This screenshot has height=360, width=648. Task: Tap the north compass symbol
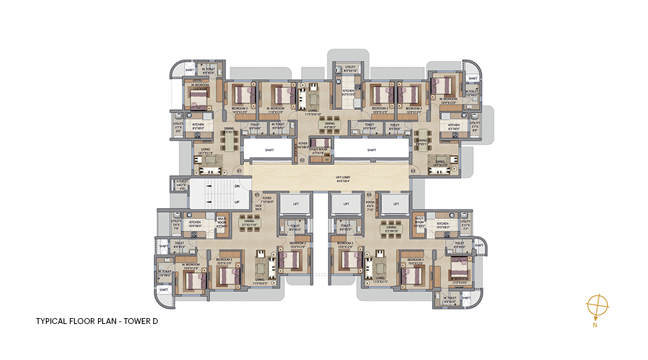point(598,306)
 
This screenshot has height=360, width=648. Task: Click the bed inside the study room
point(321,143)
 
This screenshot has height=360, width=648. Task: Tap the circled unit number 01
point(240,171)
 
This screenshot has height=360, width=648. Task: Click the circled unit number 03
point(413,171)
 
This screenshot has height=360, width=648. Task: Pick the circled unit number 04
point(369,194)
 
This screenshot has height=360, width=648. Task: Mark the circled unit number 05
point(257,194)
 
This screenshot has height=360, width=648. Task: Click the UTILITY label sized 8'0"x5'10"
point(350,67)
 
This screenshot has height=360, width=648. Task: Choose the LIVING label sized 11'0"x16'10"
point(313,111)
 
